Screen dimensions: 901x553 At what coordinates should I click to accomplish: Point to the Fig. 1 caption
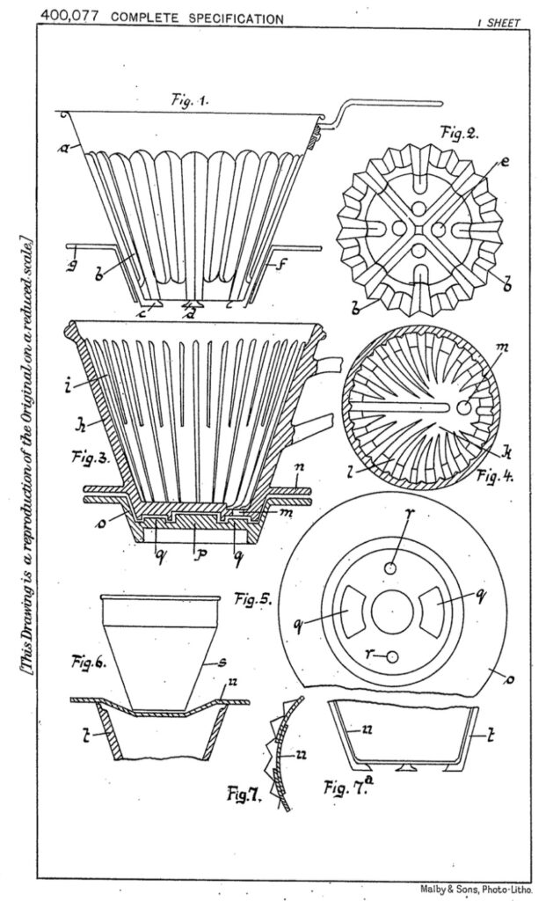(191, 101)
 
